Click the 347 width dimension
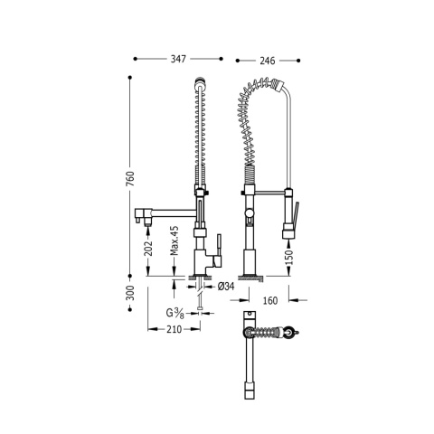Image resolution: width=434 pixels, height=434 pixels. (x=177, y=59)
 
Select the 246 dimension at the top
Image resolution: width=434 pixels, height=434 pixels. (x=266, y=60)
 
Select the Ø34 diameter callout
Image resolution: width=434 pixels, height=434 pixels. (x=226, y=286)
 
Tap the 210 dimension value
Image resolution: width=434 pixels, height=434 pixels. (x=176, y=330)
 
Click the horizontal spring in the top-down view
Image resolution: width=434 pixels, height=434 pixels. (x=268, y=334)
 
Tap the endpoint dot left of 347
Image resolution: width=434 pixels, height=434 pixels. (x=135, y=59)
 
